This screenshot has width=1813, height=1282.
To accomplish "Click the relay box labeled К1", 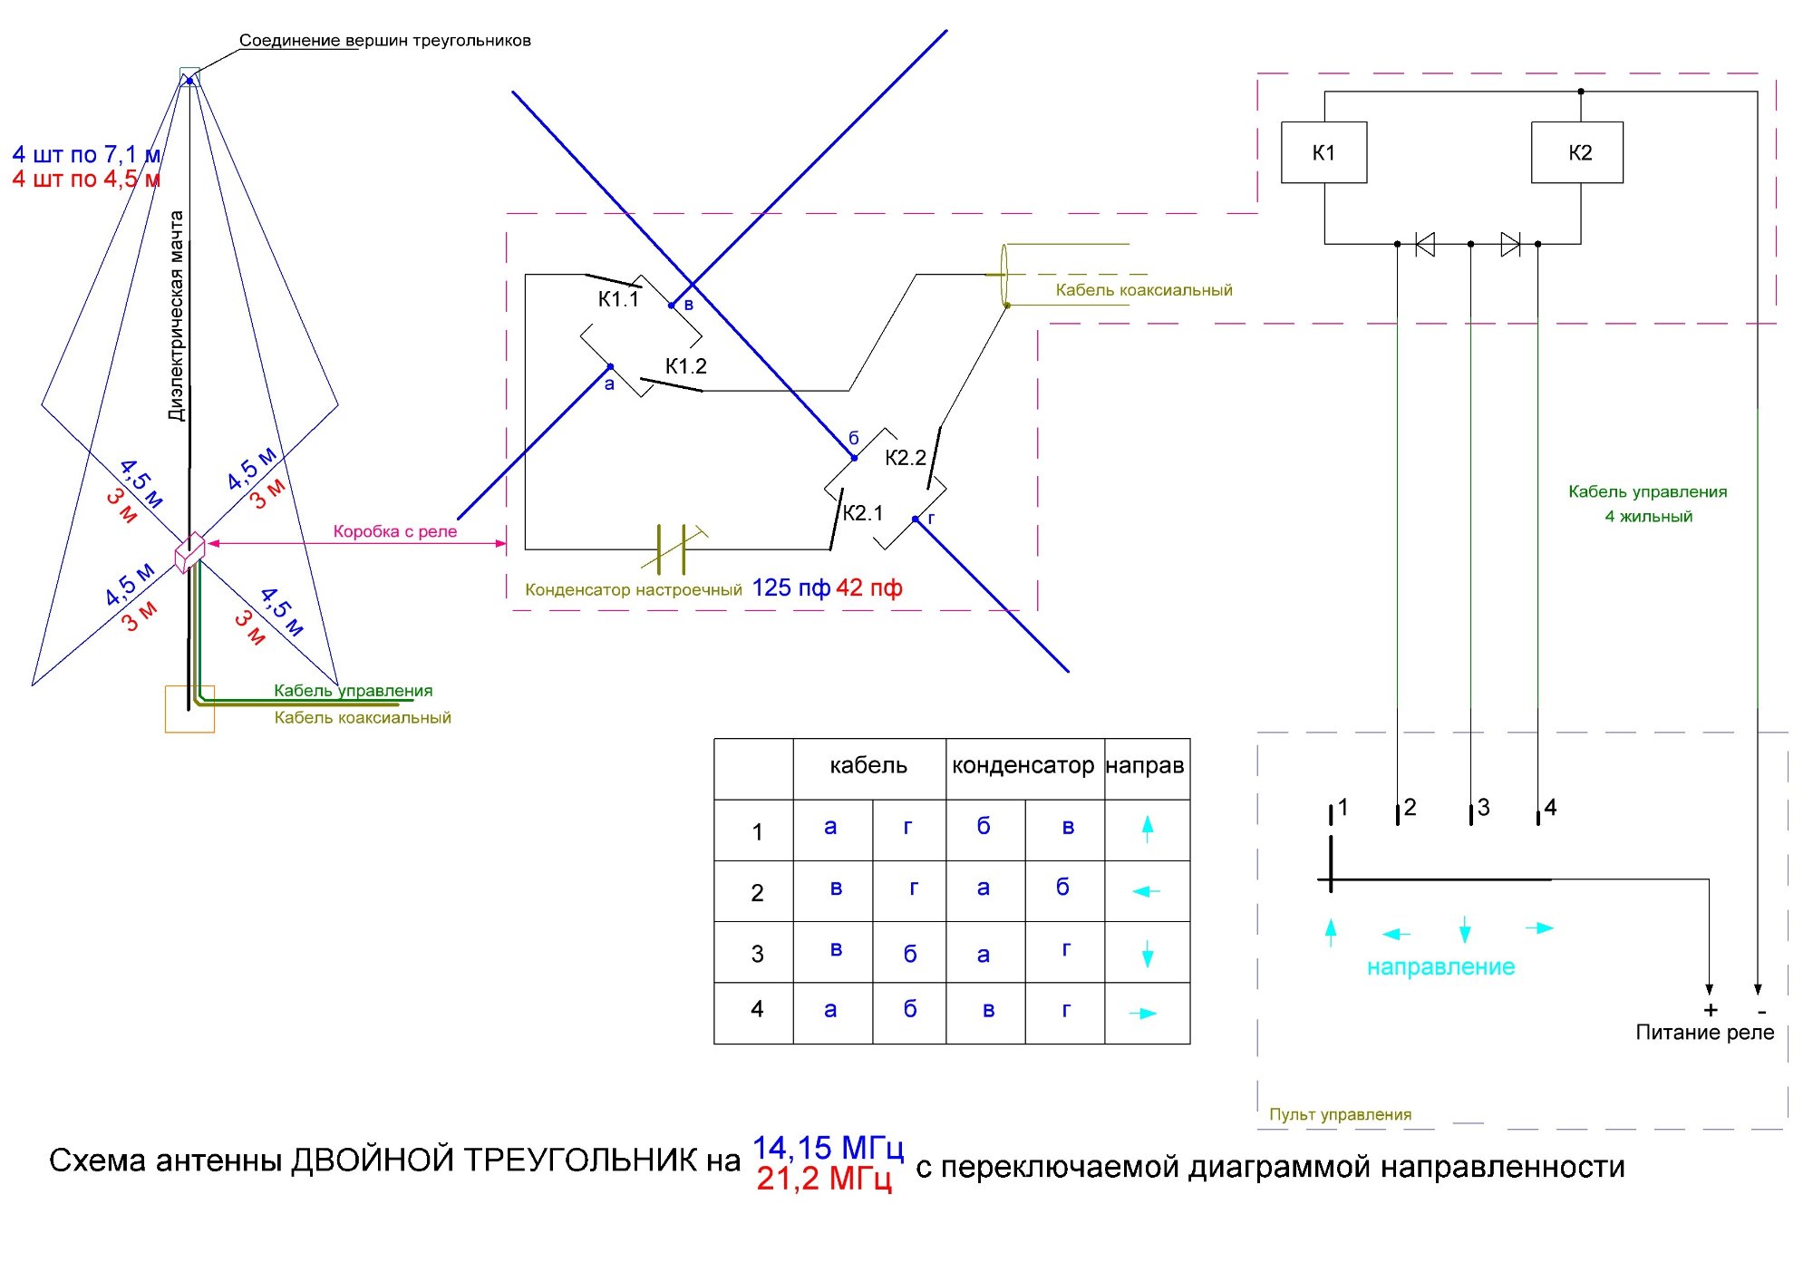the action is pos(1323,152).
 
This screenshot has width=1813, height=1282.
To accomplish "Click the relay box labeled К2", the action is pos(1577,152).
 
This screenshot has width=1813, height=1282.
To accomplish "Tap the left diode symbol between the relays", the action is pos(1425,244).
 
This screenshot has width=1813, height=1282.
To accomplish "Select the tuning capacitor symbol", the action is pos(673,549).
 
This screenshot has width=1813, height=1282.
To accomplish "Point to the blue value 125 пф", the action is pos(790,588).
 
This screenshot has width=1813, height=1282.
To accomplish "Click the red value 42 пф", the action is pos(868,588).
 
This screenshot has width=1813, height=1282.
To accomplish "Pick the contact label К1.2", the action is pos(686,366).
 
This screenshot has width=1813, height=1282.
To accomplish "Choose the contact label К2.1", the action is pos(862,513).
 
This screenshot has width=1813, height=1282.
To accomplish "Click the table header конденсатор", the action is pos(1023,766).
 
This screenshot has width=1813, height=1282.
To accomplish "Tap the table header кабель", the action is pos(868,766).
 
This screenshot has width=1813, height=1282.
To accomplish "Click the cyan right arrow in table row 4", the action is pos(1143,1014).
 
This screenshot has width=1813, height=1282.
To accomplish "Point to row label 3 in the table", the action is pos(757,954).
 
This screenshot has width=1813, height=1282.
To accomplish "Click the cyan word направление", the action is pos(1440,967).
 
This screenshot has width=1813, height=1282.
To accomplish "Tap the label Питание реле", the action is pos(1704,1033).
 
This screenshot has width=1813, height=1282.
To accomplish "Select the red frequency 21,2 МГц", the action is pos(824,1179).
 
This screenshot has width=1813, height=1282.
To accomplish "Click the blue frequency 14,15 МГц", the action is pos(828,1148).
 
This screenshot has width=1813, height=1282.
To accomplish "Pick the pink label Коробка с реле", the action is pos(395,531).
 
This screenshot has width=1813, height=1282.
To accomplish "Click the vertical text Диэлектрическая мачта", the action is pos(177,316).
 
